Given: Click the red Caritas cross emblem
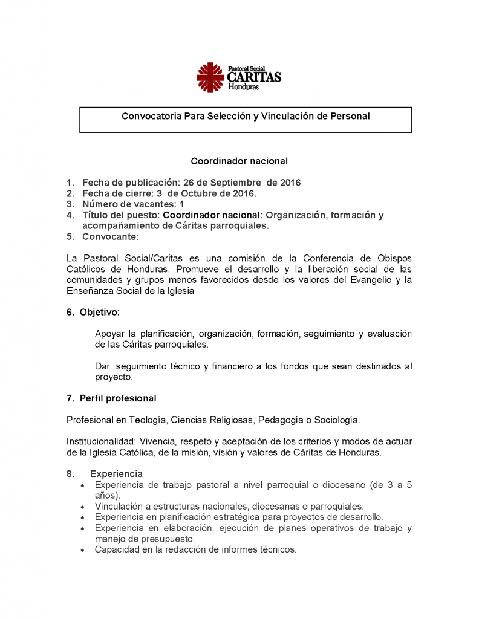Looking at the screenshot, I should click(211, 77).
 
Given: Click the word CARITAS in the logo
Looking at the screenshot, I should click(254, 77).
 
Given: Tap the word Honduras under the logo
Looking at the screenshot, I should click(243, 87).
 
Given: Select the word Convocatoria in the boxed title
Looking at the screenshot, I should click(148, 115).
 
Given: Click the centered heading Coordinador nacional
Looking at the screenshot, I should click(239, 161).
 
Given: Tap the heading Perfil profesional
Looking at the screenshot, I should click(118, 398).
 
